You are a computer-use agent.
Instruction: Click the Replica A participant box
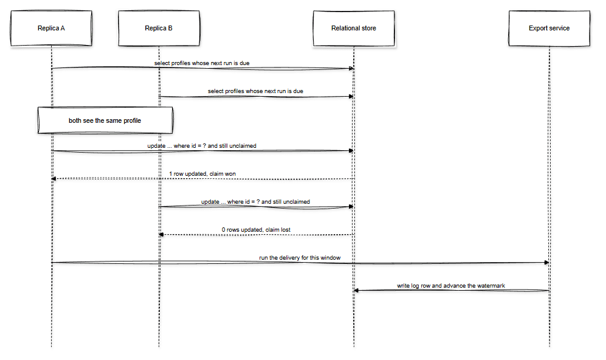tap(52, 28)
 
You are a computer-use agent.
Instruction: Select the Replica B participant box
tap(159, 28)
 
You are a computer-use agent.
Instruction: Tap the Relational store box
tap(354, 28)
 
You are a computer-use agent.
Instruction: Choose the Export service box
tap(549, 28)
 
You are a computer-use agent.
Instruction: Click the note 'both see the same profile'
tap(105, 120)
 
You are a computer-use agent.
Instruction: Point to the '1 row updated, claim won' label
tap(202, 174)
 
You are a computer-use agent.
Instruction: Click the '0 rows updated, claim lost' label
tap(256, 230)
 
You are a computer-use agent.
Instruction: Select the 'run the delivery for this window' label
tap(300, 257)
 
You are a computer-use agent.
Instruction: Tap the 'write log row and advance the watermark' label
tap(451, 286)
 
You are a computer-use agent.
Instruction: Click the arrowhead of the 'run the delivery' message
tap(547, 263)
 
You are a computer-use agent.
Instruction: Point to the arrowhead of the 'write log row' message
tap(356, 291)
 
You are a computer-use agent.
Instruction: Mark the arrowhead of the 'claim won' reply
tap(53, 179)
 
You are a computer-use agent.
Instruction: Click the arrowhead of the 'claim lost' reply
tap(161, 235)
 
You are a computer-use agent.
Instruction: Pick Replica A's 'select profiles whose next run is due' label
tap(202, 63)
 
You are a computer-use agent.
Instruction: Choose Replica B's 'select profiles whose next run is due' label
tap(255, 91)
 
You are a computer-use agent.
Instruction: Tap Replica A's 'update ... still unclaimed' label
tap(202, 146)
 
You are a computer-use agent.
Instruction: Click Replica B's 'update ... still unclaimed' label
tap(255, 202)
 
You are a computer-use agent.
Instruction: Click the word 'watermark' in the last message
tap(491, 286)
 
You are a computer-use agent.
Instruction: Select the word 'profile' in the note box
tap(132, 120)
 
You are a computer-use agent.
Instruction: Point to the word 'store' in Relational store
tap(369, 28)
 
